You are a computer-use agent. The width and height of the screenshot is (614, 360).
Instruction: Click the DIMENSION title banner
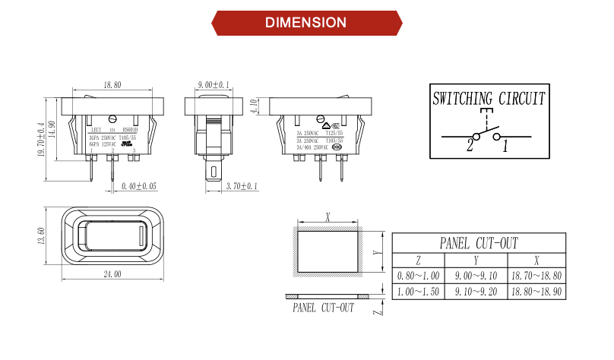307,22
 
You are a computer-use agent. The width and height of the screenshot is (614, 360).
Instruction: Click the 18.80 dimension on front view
112,86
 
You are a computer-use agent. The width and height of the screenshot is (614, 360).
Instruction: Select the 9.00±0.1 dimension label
214,86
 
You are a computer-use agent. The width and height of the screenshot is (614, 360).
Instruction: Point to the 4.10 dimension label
253,105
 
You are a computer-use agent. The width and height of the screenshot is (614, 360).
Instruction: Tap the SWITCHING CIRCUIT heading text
489,99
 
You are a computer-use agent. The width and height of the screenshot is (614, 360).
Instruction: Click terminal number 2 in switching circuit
470,146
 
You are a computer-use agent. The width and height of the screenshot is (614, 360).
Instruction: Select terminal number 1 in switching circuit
504,146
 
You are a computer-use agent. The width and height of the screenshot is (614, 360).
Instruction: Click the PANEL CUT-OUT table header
479,243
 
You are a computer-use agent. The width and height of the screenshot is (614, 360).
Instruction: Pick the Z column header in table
419,260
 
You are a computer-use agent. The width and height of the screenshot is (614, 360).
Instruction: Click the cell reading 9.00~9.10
476,276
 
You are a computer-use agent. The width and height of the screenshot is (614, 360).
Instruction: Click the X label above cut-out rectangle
328,217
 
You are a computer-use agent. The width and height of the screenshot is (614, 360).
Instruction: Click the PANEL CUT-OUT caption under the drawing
324,308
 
